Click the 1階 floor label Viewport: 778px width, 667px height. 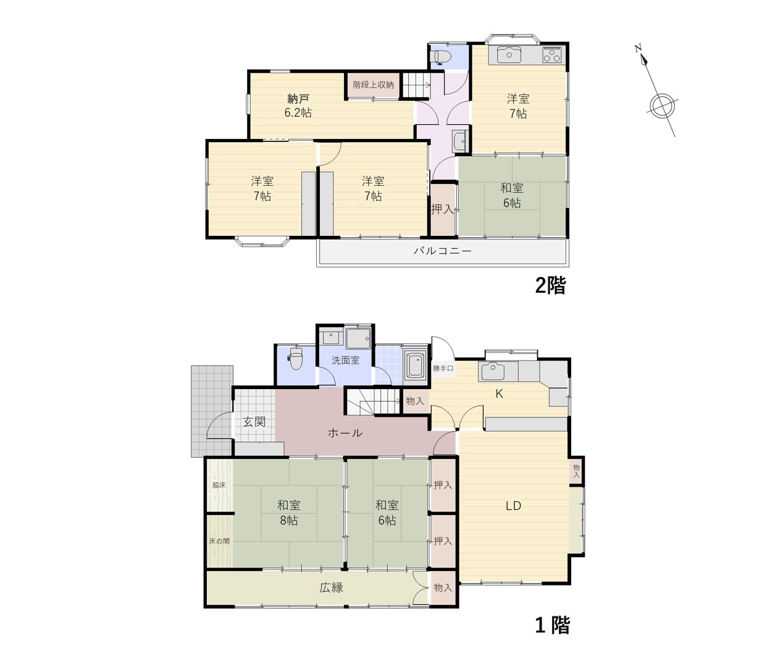coord(552,626)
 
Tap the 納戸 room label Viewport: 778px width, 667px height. coord(298,99)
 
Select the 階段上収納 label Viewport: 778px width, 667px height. coord(373,85)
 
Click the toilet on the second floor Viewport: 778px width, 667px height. coord(442,57)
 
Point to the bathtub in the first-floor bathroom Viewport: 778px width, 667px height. coord(415,364)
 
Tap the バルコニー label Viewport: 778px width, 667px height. coord(443,251)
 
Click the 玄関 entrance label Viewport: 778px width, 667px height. coord(254,422)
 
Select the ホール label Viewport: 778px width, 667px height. coord(345,433)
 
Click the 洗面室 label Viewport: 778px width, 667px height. coord(346,360)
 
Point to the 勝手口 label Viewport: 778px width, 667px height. coord(443,369)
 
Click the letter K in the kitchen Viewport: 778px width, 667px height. coord(499,394)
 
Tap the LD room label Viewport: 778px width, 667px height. coord(513,506)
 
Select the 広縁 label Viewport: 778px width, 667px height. coord(331,587)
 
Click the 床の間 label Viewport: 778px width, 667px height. coord(219,541)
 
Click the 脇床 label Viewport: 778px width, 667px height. coord(219,485)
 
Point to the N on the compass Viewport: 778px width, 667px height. coord(638,49)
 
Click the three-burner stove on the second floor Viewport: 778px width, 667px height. coord(552,56)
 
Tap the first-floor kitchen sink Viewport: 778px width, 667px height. coord(491,372)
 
